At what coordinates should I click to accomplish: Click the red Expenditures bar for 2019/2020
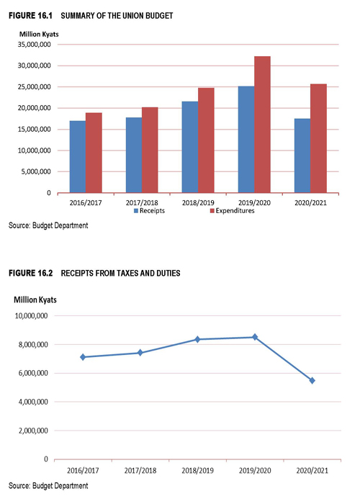(262, 125)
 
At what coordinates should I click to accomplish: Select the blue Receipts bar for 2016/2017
(78, 157)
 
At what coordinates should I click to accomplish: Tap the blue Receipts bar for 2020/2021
(302, 156)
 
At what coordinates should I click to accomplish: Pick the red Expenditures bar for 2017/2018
(150, 150)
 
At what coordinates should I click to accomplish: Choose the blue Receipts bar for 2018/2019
(190, 147)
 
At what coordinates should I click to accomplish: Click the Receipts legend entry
(150, 211)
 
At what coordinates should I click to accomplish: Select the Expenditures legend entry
(232, 211)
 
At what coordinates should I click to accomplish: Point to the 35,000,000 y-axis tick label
(35, 45)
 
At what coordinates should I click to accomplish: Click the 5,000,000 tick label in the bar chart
(36, 171)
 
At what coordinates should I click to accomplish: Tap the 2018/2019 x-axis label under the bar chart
(198, 203)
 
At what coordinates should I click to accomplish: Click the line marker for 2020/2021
(312, 381)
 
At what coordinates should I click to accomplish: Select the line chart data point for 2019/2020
(255, 337)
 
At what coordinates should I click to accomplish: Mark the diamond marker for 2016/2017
(83, 357)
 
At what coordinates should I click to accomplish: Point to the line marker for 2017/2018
(140, 353)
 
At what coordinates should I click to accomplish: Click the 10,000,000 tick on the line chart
(32, 316)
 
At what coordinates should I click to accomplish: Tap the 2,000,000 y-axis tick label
(33, 431)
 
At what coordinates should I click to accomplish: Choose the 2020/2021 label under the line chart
(312, 471)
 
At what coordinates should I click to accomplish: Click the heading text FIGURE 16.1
(30, 15)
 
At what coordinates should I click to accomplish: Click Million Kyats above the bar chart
(39, 34)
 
